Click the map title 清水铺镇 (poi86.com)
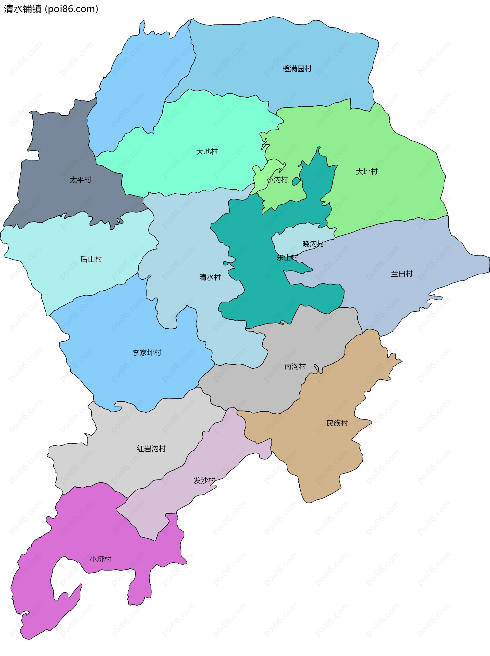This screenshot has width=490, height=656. [x=51, y=9]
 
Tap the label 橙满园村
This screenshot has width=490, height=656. [x=297, y=69]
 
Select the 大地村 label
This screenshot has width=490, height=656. [x=207, y=152]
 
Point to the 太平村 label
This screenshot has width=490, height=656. [x=80, y=180]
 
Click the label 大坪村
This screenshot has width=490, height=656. [x=367, y=172]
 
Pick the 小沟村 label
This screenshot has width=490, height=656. [x=278, y=179]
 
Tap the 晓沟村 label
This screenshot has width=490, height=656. [x=313, y=244]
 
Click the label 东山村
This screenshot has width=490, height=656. [x=287, y=257]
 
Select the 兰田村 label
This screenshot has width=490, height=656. [x=402, y=274]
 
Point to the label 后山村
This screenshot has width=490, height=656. [x=91, y=259]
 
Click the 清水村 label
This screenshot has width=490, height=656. [x=210, y=277]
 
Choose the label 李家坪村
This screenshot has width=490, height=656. [x=147, y=353]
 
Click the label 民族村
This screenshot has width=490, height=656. [x=337, y=423]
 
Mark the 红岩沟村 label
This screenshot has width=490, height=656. [x=151, y=449]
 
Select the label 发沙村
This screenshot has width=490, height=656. [x=204, y=480]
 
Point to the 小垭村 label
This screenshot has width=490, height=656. [x=101, y=559]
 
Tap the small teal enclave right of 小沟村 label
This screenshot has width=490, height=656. [x=296, y=181]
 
